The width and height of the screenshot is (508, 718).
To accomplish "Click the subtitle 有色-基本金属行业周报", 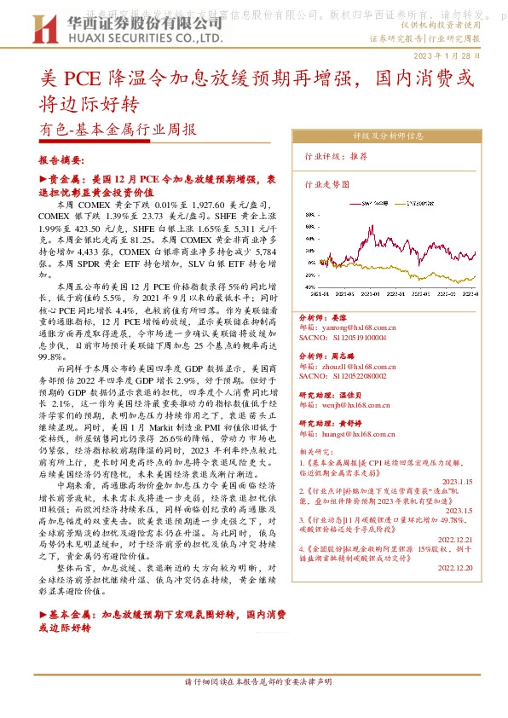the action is pyautogui.click(x=118, y=131).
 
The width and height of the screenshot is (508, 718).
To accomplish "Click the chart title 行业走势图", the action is pyautogui.click(x=327, y=183).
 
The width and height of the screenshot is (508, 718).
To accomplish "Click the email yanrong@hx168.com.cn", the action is pyautogui.click(x=347, y=327).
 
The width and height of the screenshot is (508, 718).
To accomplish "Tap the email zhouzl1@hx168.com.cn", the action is pyautogui.click(x=347, y=362).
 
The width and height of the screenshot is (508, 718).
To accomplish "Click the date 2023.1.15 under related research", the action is pyautogui.click(x=458, y=480).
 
